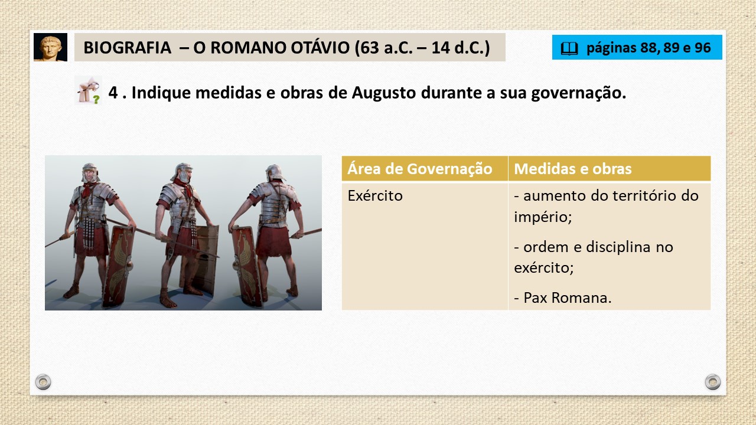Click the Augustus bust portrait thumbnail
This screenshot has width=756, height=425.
point(50,47)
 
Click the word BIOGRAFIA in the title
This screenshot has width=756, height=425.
point(127,48)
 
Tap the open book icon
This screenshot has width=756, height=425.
point(569,48)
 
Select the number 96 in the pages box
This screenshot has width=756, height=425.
point(703,48)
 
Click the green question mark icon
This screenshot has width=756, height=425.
point(96,99)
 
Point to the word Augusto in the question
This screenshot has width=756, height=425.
point(384,93)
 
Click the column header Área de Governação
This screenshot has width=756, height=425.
point(420,169)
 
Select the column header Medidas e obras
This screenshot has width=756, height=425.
point(572,169)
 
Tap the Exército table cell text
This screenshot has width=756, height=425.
point(375,195)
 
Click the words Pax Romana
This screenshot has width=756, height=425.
point(567,297)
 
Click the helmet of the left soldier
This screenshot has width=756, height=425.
point(90,171)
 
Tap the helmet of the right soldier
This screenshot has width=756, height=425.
point(275,173)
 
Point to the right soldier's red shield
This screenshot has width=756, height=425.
point(247,266)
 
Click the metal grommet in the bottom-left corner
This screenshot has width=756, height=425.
point(43,382)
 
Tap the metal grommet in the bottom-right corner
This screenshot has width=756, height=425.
point(713,382)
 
